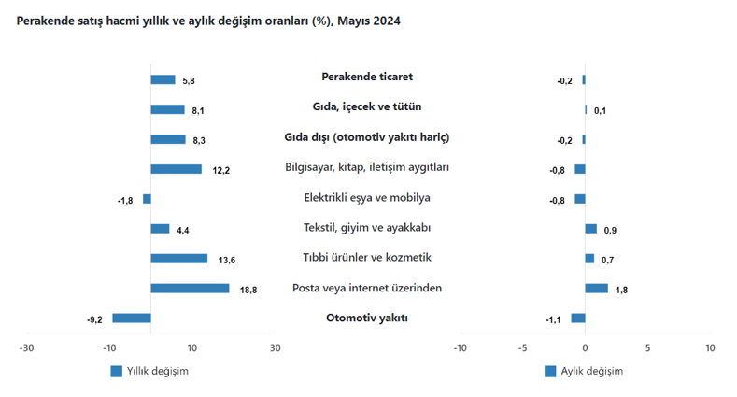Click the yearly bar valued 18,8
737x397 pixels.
190,289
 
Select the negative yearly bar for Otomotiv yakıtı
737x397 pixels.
132,319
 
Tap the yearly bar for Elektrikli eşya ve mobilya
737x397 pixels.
147,199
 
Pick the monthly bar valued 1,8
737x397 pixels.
596,289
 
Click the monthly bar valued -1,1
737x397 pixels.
578,319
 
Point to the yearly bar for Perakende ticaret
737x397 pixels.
163,79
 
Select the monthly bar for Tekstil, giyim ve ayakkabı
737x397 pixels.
590,229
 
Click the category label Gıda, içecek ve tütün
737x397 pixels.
367,107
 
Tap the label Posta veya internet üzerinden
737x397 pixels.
367,287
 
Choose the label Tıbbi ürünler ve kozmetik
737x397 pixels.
367,257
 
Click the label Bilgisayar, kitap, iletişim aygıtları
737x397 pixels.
367,167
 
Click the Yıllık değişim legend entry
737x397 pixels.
149,371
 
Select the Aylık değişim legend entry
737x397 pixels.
583,371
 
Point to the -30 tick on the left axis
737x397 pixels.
27,348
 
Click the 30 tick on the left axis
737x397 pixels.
275,348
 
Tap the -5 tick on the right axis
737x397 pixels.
522,348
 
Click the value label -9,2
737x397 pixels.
94,319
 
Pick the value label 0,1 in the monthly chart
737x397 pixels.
600,110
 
